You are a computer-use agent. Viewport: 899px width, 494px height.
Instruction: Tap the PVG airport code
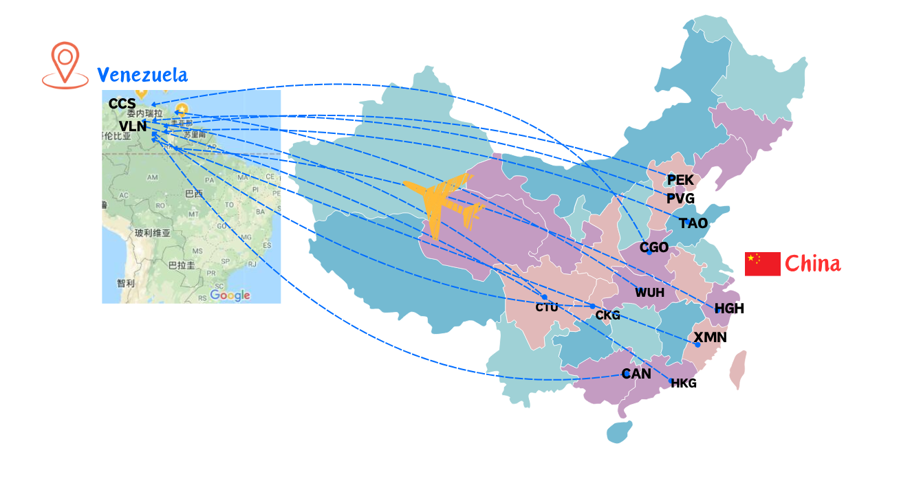coord(680,199)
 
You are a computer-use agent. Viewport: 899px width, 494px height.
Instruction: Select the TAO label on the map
coord(693,223)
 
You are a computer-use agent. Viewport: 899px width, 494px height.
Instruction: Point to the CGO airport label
coord(654,247)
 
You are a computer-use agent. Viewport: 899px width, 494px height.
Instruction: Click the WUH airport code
coord(649,293)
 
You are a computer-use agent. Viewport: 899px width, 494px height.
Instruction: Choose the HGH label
coord(729,308)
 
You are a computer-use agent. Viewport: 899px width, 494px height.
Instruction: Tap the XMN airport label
coord(710,337)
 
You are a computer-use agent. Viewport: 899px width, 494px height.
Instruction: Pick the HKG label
coord(684,383)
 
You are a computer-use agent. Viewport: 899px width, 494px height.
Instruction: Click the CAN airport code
coord(636,374)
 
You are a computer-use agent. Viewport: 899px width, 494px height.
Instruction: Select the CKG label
coord(607,315)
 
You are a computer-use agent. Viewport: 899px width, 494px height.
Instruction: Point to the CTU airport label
coord(547,307)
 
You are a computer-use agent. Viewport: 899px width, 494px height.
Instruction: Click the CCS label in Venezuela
coord(122,104)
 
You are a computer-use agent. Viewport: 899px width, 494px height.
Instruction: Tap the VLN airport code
coord(133,126)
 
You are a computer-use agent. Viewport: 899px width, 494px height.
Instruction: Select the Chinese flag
coord(762,264)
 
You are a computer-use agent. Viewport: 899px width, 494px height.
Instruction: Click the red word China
coord(812,263)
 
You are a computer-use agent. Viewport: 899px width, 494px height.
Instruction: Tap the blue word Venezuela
coord(142,75)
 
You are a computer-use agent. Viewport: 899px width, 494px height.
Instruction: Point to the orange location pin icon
coord(65,65)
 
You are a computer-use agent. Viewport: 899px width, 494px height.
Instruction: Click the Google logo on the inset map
coord(230,295)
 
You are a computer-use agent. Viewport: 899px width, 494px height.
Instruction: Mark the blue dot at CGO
coord(649,253)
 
